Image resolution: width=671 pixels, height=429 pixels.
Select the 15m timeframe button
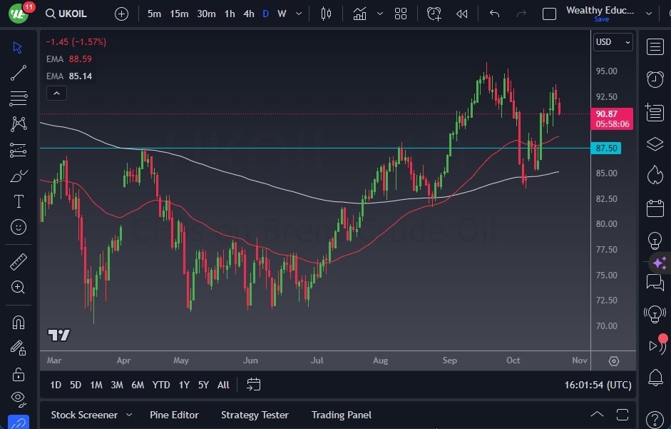(179, 14)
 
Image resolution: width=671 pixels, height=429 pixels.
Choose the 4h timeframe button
(248, 14)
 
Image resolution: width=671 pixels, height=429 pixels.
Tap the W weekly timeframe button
(282, 14)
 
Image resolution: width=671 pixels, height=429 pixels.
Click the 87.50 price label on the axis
(606, 148)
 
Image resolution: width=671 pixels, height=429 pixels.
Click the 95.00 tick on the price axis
(607, 71)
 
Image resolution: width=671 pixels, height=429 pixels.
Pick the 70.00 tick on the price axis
(607, 326)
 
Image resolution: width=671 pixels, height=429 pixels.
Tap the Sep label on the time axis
(449, 360)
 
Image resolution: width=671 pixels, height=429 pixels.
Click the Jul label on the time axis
(317, 360)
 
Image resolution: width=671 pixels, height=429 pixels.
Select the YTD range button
(161, 385)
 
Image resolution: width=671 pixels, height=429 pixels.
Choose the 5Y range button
(203, 385)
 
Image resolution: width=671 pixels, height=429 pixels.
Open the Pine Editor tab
(174, 415)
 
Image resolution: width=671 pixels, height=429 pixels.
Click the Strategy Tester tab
(255, 415)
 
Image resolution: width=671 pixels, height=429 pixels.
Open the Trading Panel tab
(342, 415)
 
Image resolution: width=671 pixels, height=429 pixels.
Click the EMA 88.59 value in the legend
(81, 59)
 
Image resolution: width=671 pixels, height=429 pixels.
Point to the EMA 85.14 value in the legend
(81, 76)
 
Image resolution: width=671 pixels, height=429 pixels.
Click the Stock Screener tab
(83, 415)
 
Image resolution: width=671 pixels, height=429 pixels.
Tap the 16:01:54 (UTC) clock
(598, 385)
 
